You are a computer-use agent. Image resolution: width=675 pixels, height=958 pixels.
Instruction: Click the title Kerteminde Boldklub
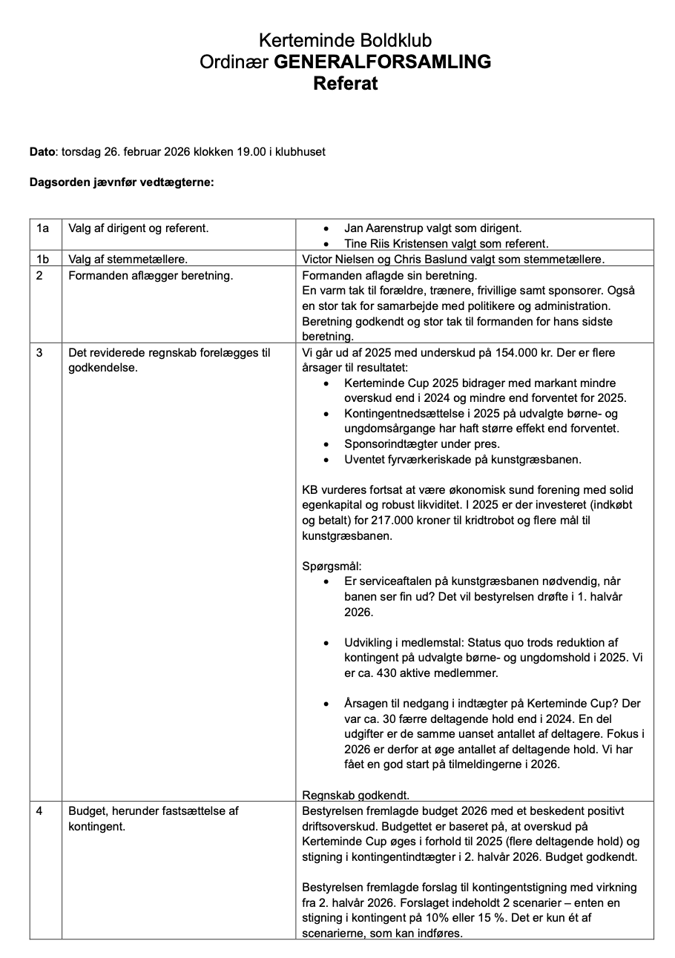345,40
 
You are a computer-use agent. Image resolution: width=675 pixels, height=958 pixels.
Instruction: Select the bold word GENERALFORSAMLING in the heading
383,62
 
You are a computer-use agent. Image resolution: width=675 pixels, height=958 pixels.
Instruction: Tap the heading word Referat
345,83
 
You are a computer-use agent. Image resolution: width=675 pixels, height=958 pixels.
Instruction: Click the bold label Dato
42,152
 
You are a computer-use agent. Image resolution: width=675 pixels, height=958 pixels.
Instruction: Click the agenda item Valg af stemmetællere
128,259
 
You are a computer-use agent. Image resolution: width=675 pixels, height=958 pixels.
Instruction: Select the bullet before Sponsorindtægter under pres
327,444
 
